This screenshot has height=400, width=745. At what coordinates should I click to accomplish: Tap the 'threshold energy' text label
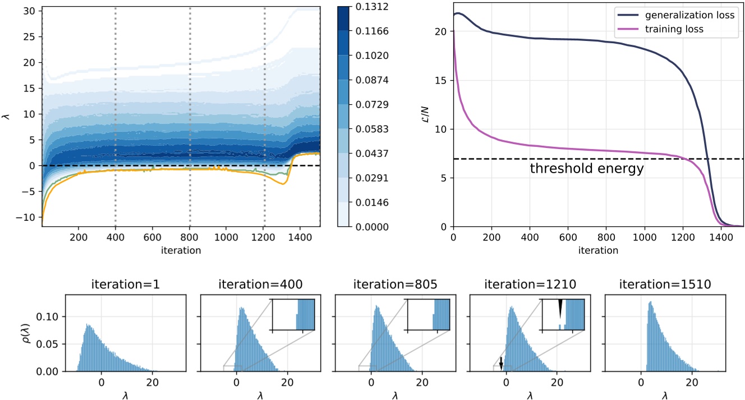pyautogui.click(x=587, y=169)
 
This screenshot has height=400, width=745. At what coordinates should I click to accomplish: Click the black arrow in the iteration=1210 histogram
pyautogui.click(x=502, y=363)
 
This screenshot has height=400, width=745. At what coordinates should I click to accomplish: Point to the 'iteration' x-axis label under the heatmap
pyautogui.click(x=181, y=250)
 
